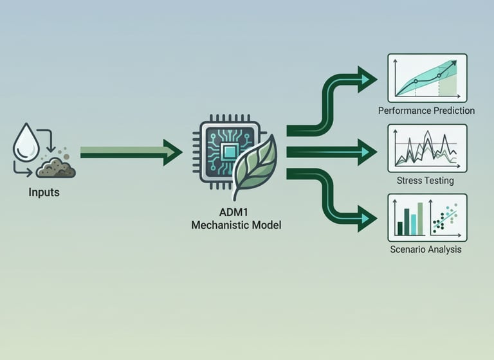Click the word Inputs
coord(44,192)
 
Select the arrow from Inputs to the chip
coord(129,152)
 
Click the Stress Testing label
coord(425,181)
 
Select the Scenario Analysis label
coord(426,249)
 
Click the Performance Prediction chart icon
coord(427,78)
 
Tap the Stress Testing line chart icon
coord(427,148)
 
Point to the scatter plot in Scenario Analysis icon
coord(446,218)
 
